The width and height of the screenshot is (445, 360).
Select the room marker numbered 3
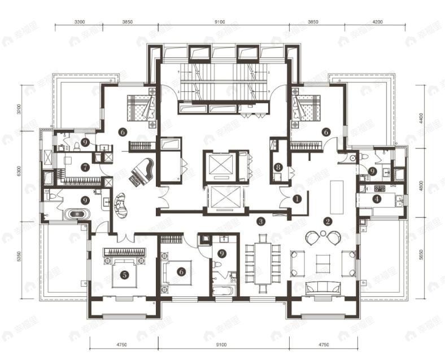click(x=260, y=221)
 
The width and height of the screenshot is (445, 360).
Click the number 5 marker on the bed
click(x=124, y=275)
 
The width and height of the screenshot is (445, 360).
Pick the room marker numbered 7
click(x=85, y=167)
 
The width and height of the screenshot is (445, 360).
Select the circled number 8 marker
click(x=278, y=167)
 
